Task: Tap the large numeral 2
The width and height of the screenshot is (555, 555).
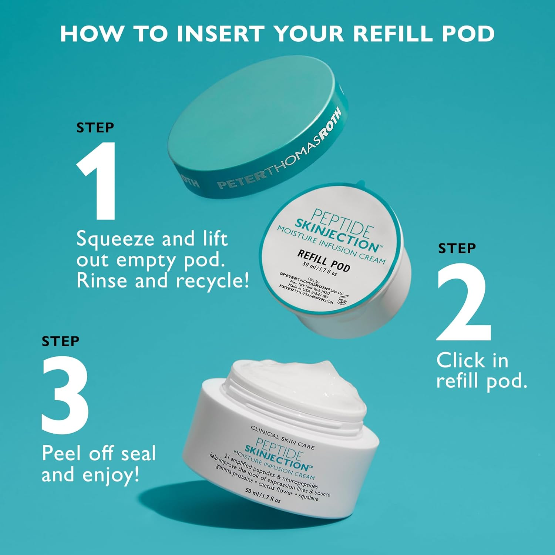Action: pyautogui.click(x=464, y=302)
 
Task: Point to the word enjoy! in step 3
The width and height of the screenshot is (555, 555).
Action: pyautogui.click(x=111, y=475)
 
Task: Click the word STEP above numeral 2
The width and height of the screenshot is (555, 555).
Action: pyautogui.click(x=457, y=248)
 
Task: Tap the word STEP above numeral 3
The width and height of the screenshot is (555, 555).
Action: pyautogui.click(x=60, y=341)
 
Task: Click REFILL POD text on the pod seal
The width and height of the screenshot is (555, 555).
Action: pyautogui.click(x=323, y=260)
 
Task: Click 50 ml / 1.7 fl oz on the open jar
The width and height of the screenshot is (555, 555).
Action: pyautogui.click(x=263, y=496)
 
